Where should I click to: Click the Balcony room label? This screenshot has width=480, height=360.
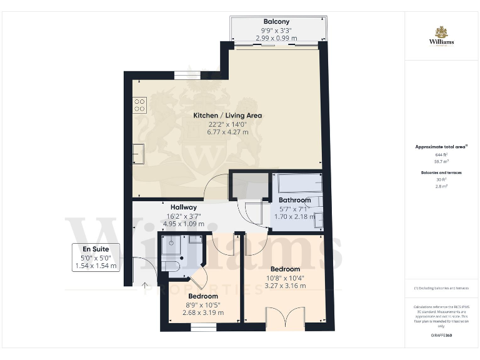tap(276, 21)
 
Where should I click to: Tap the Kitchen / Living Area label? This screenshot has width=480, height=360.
tap(227, 115)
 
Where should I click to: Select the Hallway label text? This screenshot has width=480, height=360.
tap(184, 207)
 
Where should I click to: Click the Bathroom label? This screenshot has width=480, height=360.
tap(294, 200)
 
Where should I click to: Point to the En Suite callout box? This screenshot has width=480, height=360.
tap(95, 257)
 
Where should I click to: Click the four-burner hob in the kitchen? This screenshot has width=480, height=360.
tap(139, 105)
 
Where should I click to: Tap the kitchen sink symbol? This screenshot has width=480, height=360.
tap(138, 152)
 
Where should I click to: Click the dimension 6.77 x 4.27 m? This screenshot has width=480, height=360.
tap(227, 132)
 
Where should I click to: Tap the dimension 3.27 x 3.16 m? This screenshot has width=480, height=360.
tap(285, 286)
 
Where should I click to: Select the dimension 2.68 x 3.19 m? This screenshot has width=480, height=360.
tap(203, 312)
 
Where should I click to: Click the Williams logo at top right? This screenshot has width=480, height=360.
tap(441, 36)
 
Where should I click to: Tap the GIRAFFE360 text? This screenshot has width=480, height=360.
tap(441, 335)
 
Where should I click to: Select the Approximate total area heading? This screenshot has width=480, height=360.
tap(441, 146)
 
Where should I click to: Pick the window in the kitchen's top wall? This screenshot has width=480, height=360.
tap(182, 75)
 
